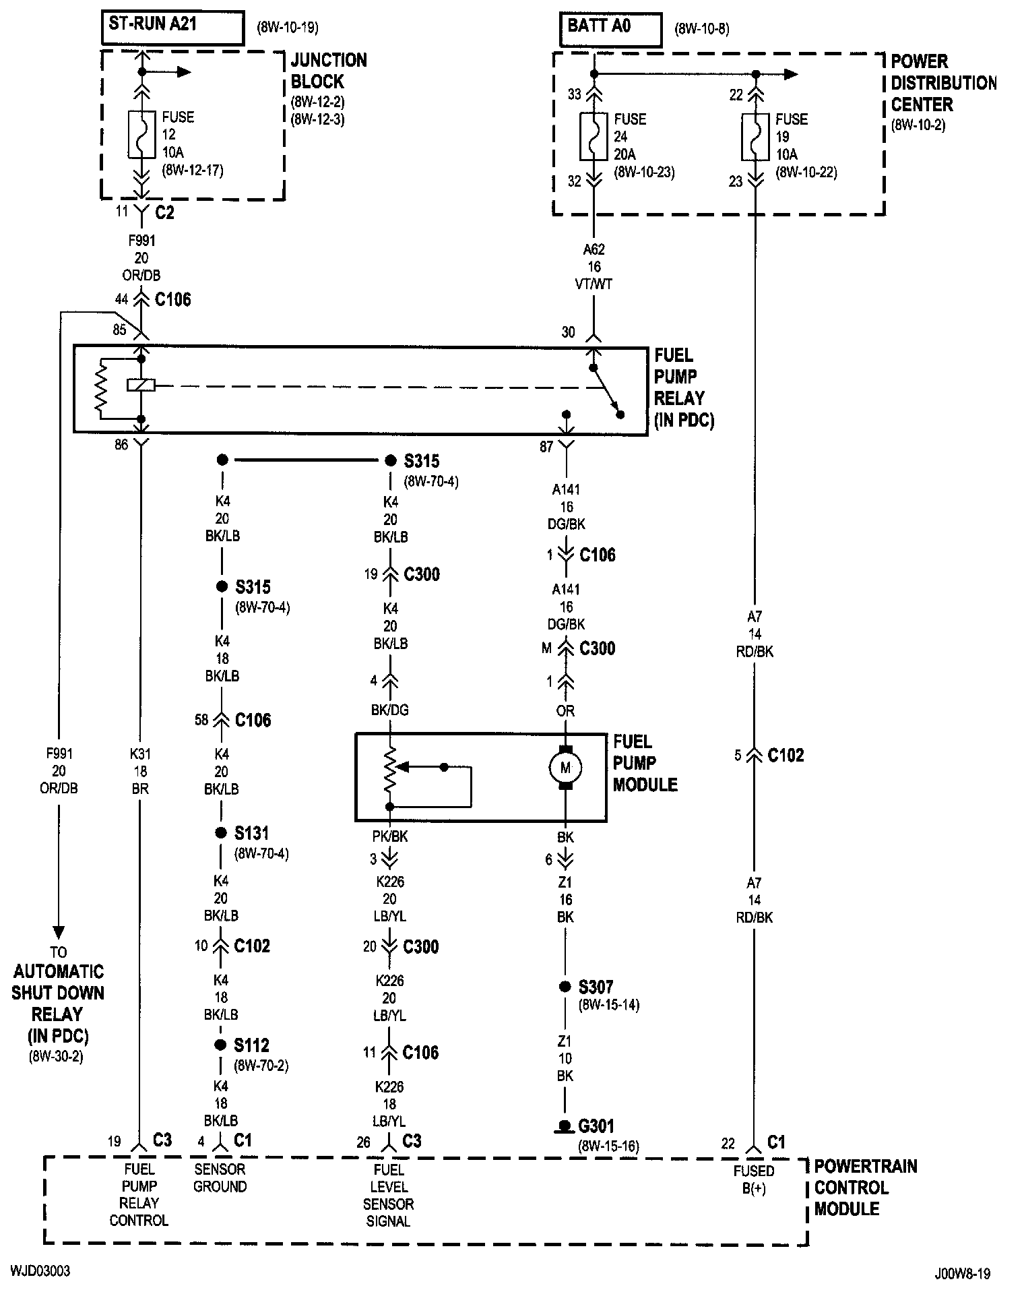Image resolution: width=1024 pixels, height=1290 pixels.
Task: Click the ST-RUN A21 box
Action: [x=172, y=28]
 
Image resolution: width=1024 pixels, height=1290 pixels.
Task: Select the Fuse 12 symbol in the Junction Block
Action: [x=141, y=135]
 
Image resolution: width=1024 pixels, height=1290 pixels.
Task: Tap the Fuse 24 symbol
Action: [x=594, y=137]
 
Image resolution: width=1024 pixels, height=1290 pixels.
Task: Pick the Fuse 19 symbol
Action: [x=755, y=137]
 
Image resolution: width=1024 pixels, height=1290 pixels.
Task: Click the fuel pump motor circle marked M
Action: [x=565, y=768]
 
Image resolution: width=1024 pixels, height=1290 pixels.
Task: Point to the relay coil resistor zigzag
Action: [x=101, y=390]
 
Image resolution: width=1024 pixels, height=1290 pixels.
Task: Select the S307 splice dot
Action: [x=565, y=987]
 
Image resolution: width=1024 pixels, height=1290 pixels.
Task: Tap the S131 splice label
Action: [x=252, y=834]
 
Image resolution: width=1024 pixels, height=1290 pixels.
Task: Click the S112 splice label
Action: [x=252, y=1045]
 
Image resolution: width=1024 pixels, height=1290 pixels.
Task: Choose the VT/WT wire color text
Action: [x=594, y=284]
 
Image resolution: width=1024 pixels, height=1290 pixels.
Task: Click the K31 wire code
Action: [x=139, y=754]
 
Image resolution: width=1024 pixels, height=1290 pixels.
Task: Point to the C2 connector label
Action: [x=164, y=213]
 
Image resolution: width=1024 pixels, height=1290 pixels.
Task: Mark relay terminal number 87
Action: [x=546, y=446]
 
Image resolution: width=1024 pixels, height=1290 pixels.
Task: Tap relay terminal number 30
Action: [x=569, y=332]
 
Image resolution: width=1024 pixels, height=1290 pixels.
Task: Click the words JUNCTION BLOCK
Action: [x=329, y=71]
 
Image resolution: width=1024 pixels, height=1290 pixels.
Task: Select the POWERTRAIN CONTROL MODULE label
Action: [x=866, y=1188]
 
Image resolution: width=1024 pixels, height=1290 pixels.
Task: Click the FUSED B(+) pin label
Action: [x=754, y=1180]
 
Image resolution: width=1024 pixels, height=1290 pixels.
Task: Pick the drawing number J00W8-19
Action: [x=963, y=1274]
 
